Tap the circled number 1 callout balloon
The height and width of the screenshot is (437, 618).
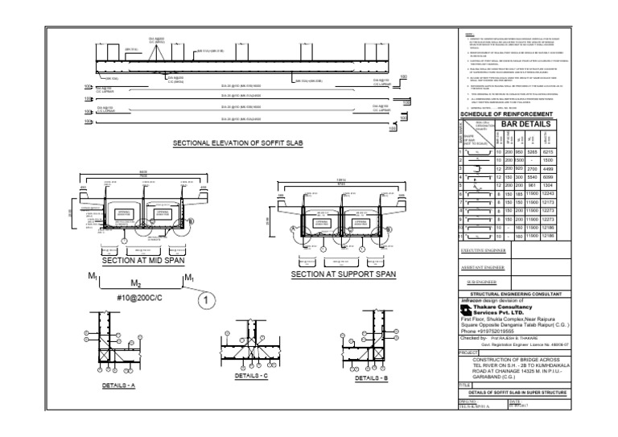[205, 300]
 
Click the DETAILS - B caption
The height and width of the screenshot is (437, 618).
[372, 377]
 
